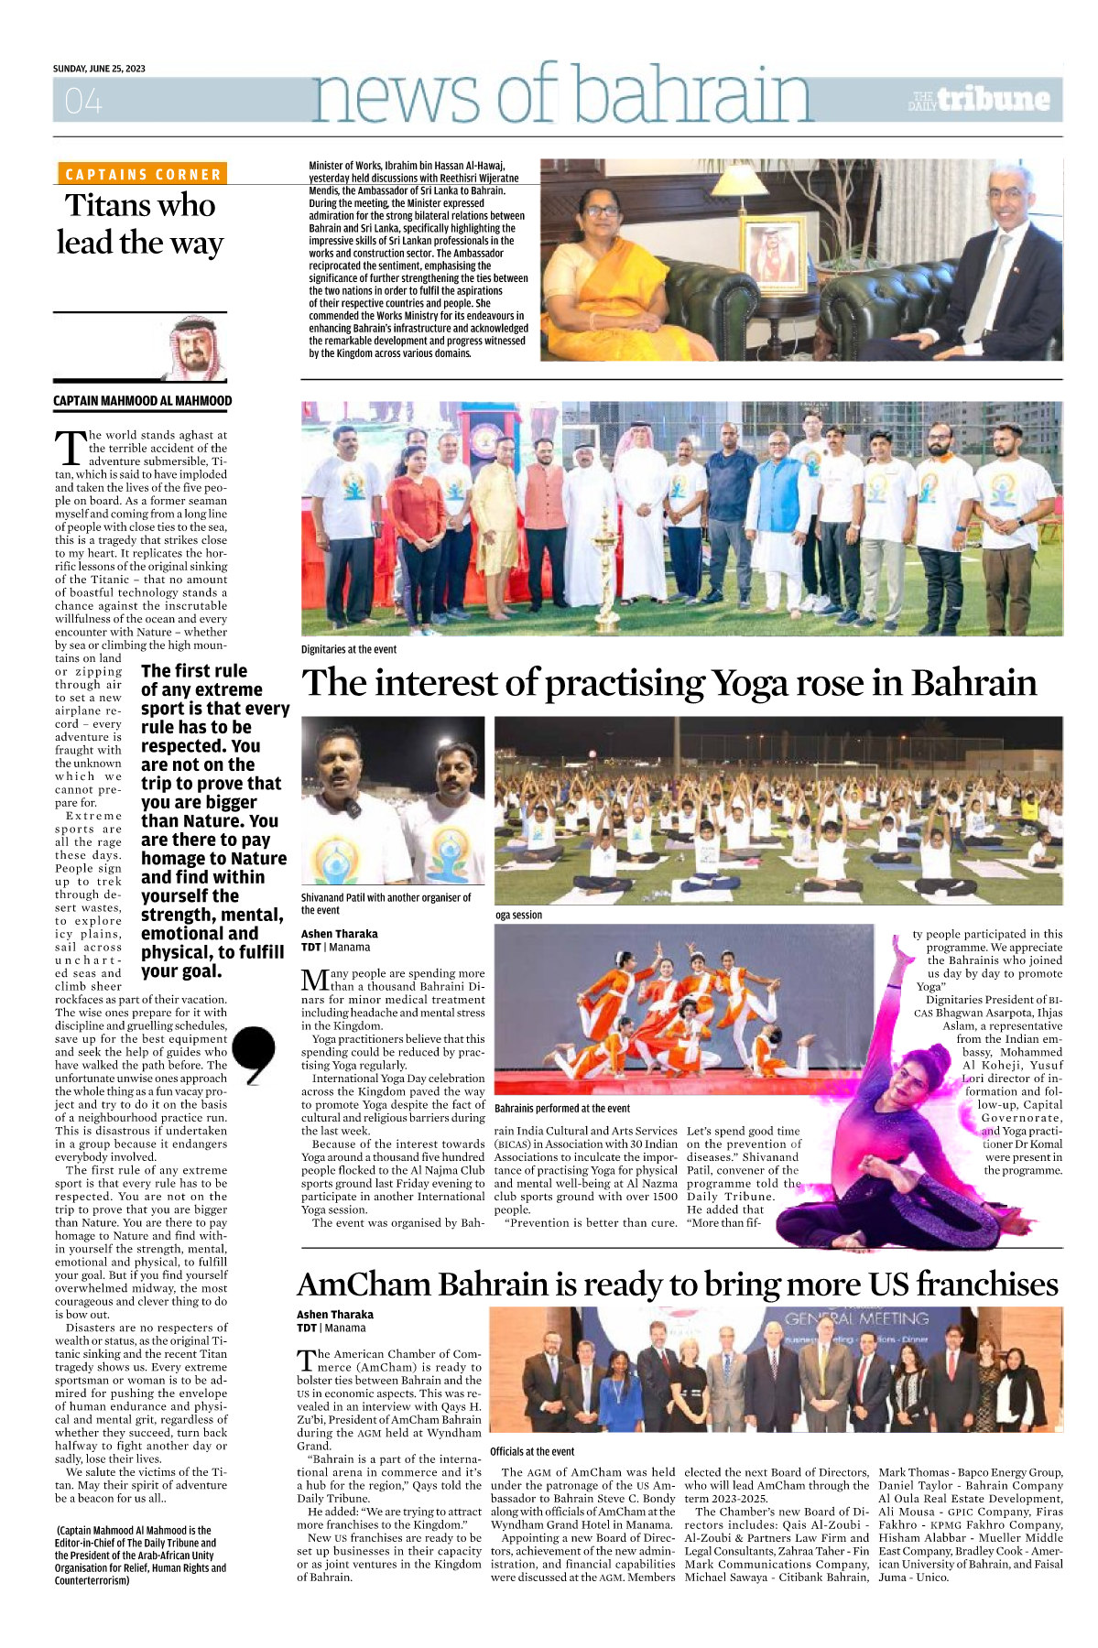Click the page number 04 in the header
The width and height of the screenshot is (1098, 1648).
(83, 101)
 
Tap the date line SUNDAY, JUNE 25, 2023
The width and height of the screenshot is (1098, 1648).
(99, 69)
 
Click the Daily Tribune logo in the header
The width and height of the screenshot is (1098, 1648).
(980, 100)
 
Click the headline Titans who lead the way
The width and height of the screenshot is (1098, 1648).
(140, 224)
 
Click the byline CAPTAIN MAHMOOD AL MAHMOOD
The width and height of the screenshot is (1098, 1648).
(142, 401)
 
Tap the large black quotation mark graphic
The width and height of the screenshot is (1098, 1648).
(254, 1054)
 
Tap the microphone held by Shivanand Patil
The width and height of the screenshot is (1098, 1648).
(352, 808)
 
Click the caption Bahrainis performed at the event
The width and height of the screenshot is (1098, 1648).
(562, 1108)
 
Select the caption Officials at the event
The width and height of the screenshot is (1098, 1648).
(532, 1451)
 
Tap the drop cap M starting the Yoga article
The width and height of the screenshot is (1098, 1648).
(314, 981)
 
